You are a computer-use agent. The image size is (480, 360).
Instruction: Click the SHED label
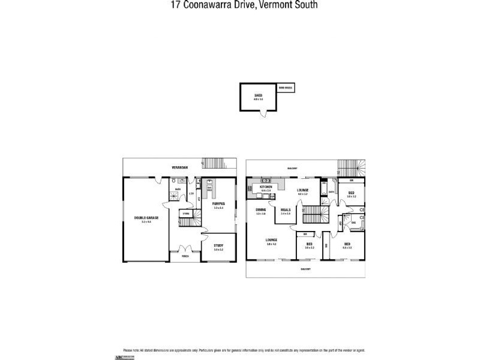point(259,95)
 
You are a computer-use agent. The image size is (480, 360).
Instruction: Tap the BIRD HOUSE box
point(286,88)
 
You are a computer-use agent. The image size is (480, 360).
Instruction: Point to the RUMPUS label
point(218,203)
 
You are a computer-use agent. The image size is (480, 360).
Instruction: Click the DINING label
point(260,210)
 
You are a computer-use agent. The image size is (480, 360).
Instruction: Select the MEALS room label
point(286,210)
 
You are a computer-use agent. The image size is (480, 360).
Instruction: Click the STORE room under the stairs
point(187,213)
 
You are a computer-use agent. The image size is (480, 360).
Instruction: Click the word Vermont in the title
point(271,5)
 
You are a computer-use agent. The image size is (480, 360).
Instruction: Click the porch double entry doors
point(182,250)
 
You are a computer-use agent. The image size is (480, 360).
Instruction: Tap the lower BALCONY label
point(306,269)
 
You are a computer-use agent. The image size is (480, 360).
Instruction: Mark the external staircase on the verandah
point(213,163)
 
